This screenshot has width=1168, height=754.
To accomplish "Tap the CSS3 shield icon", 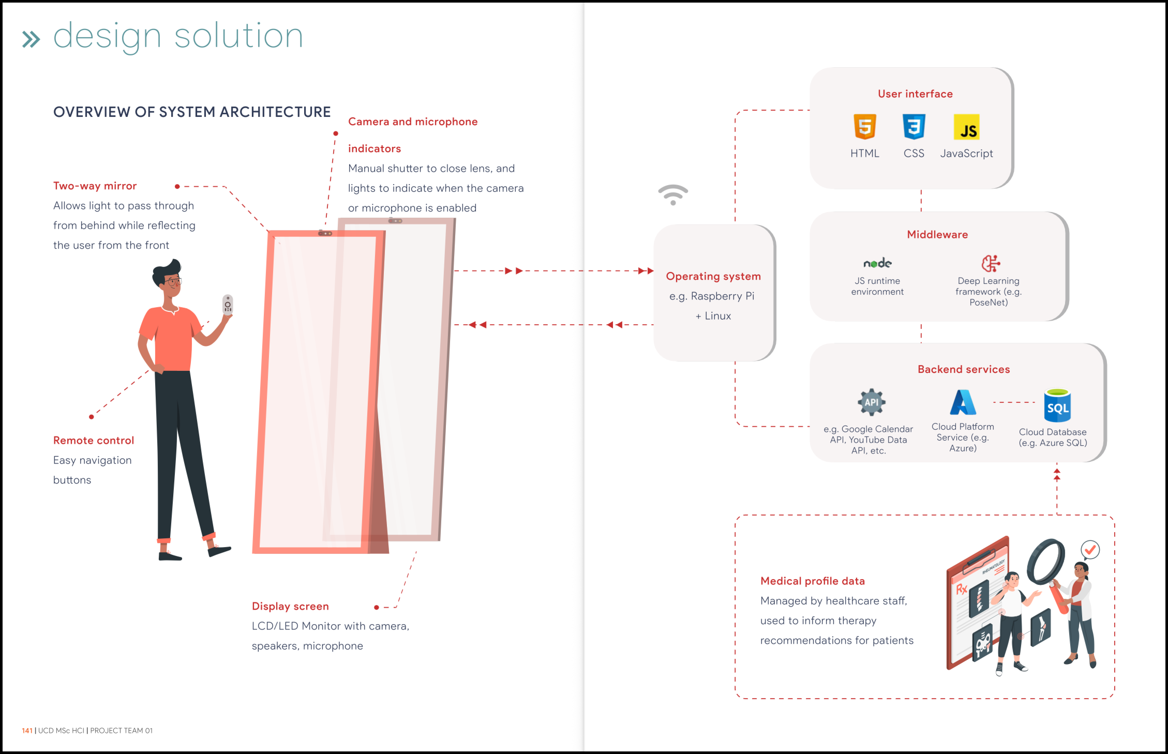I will (x=914, y=127).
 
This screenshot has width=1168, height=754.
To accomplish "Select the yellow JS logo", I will (x=966, y=127).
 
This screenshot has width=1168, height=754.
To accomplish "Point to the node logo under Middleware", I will (x=877, y=263).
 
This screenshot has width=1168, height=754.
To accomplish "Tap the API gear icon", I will (x=871, y=402).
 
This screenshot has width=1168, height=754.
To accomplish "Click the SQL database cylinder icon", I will (x=1057, y=405).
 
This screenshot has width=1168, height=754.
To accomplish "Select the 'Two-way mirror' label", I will (x=95, y=186).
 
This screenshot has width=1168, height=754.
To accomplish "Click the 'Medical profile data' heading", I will (x=813, y=581).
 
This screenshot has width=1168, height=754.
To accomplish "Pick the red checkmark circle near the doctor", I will (x=1090, y=550).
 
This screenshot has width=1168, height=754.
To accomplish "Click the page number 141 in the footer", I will (x=27, y=730).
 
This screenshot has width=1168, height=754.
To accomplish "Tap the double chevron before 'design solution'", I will (x=31, y=39).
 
